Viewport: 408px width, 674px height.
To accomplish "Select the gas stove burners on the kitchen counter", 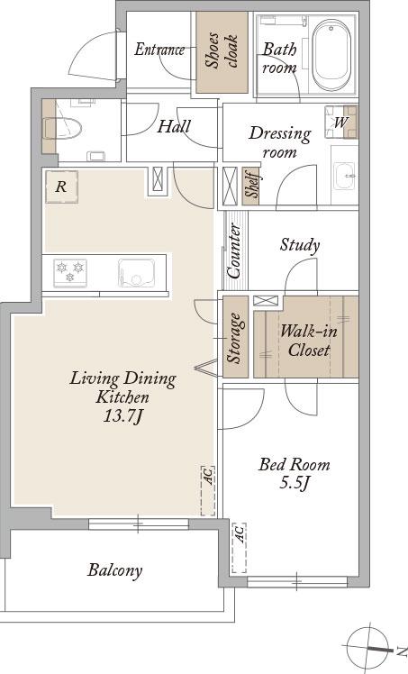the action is tap(70, 272).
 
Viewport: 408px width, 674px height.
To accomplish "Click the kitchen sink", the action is tap(137, 273).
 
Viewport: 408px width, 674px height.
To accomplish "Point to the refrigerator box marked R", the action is tap(61, 187).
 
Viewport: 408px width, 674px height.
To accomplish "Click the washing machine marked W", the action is tap(341, 122).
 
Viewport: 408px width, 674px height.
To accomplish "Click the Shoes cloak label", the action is tap(222, 51).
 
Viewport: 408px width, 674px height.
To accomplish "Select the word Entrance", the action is tap(159, 50).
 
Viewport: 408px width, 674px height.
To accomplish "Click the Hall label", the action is tap(175, 126).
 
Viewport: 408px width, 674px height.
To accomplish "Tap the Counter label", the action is tap(234, 250).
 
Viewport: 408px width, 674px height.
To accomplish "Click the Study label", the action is tap(300, 245).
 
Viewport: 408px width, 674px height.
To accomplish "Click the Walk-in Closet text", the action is tap(309, 341).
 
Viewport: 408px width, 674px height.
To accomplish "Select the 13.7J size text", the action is tap(122, 415).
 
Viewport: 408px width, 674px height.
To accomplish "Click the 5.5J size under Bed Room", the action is tap(295, 483).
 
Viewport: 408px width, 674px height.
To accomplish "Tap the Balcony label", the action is tap(114, 570).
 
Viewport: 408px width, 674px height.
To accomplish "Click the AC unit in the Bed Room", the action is tap(240, 548).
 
